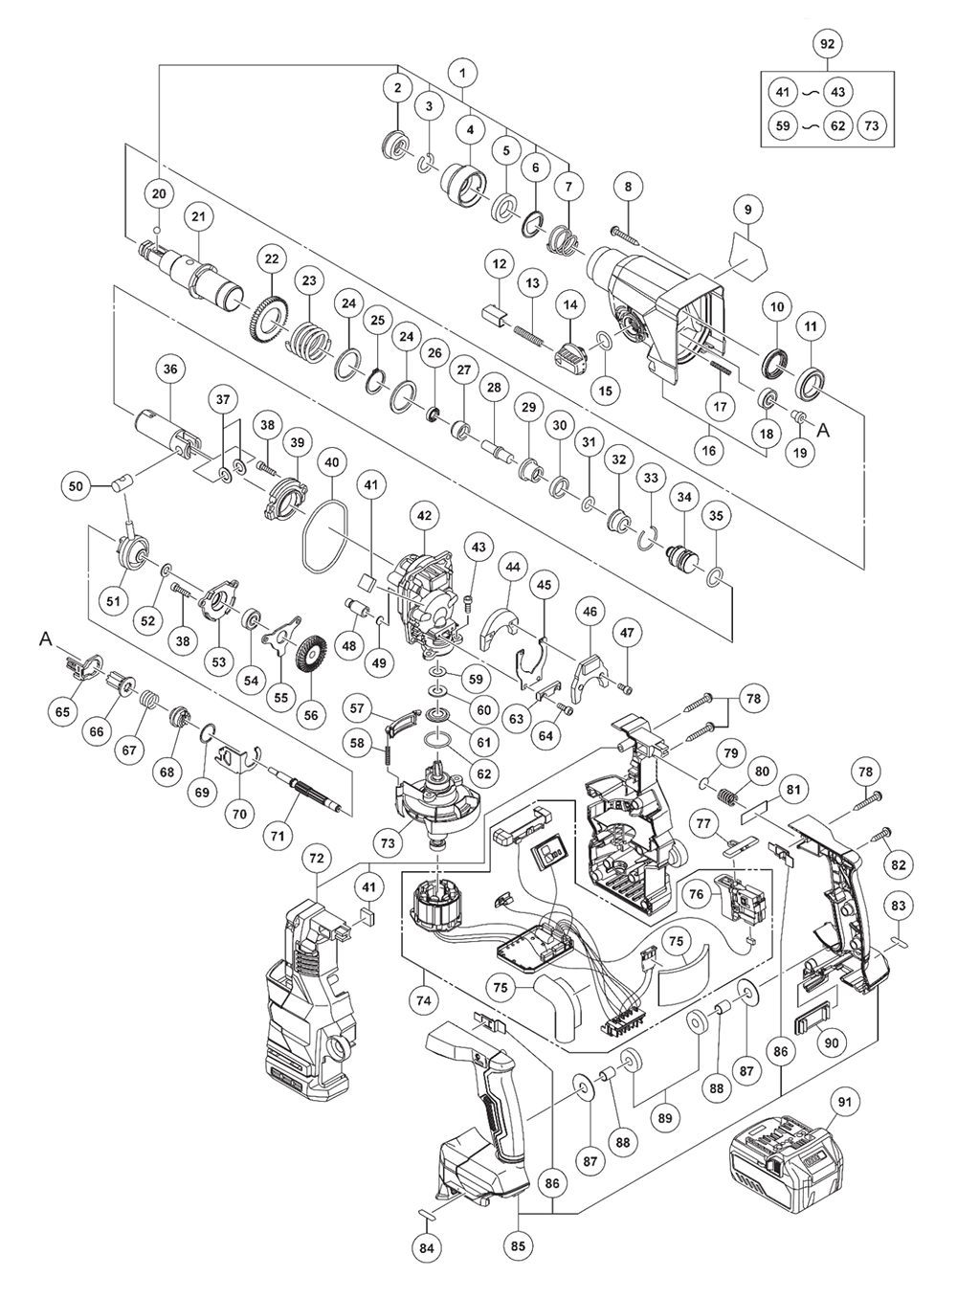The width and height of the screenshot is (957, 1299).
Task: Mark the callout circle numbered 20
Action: click(159, 193)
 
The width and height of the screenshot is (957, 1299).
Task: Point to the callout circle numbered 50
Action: click(78, 486)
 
